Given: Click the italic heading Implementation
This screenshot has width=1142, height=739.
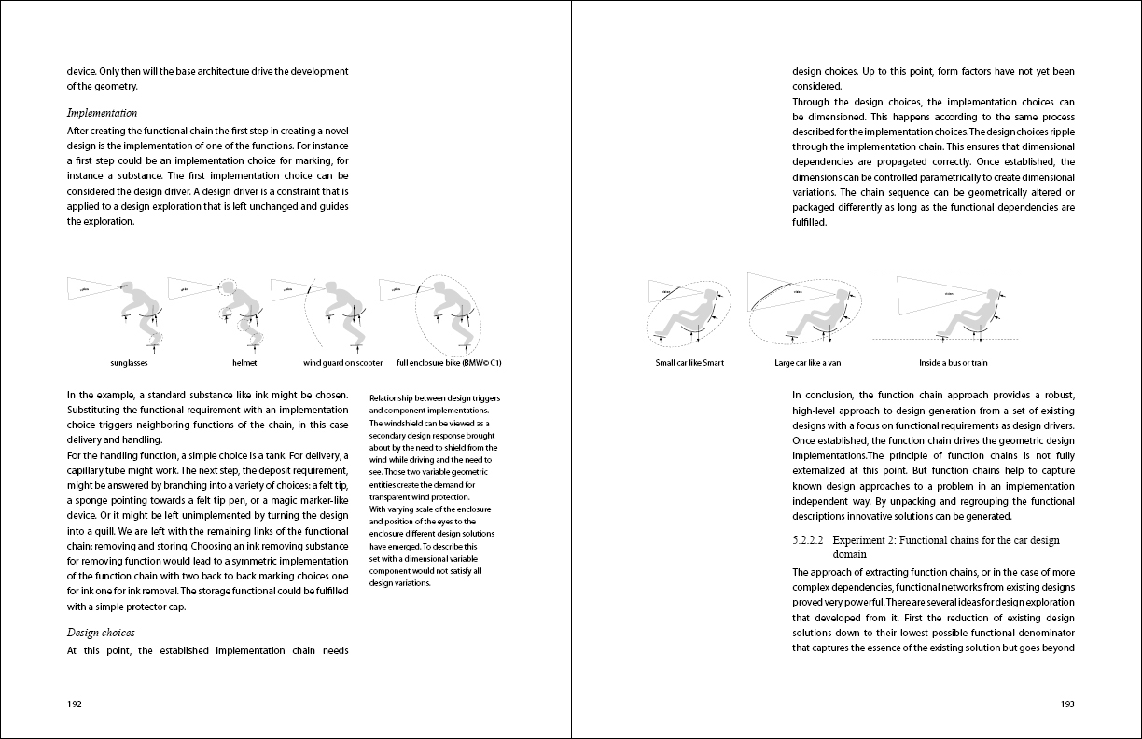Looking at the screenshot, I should (102, 113).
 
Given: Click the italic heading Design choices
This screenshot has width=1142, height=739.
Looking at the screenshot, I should (101, 633).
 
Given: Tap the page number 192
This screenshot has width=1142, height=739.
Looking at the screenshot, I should (75, 704).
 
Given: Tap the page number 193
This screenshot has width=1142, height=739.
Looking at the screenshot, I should (1067, 704).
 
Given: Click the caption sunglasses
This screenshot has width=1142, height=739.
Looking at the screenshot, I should (129, 362).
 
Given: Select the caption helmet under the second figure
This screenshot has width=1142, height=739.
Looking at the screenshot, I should (244, 362).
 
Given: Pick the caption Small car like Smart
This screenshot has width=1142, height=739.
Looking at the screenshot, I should (689, 362).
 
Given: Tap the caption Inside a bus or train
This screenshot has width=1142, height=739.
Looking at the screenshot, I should (953, 362).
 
